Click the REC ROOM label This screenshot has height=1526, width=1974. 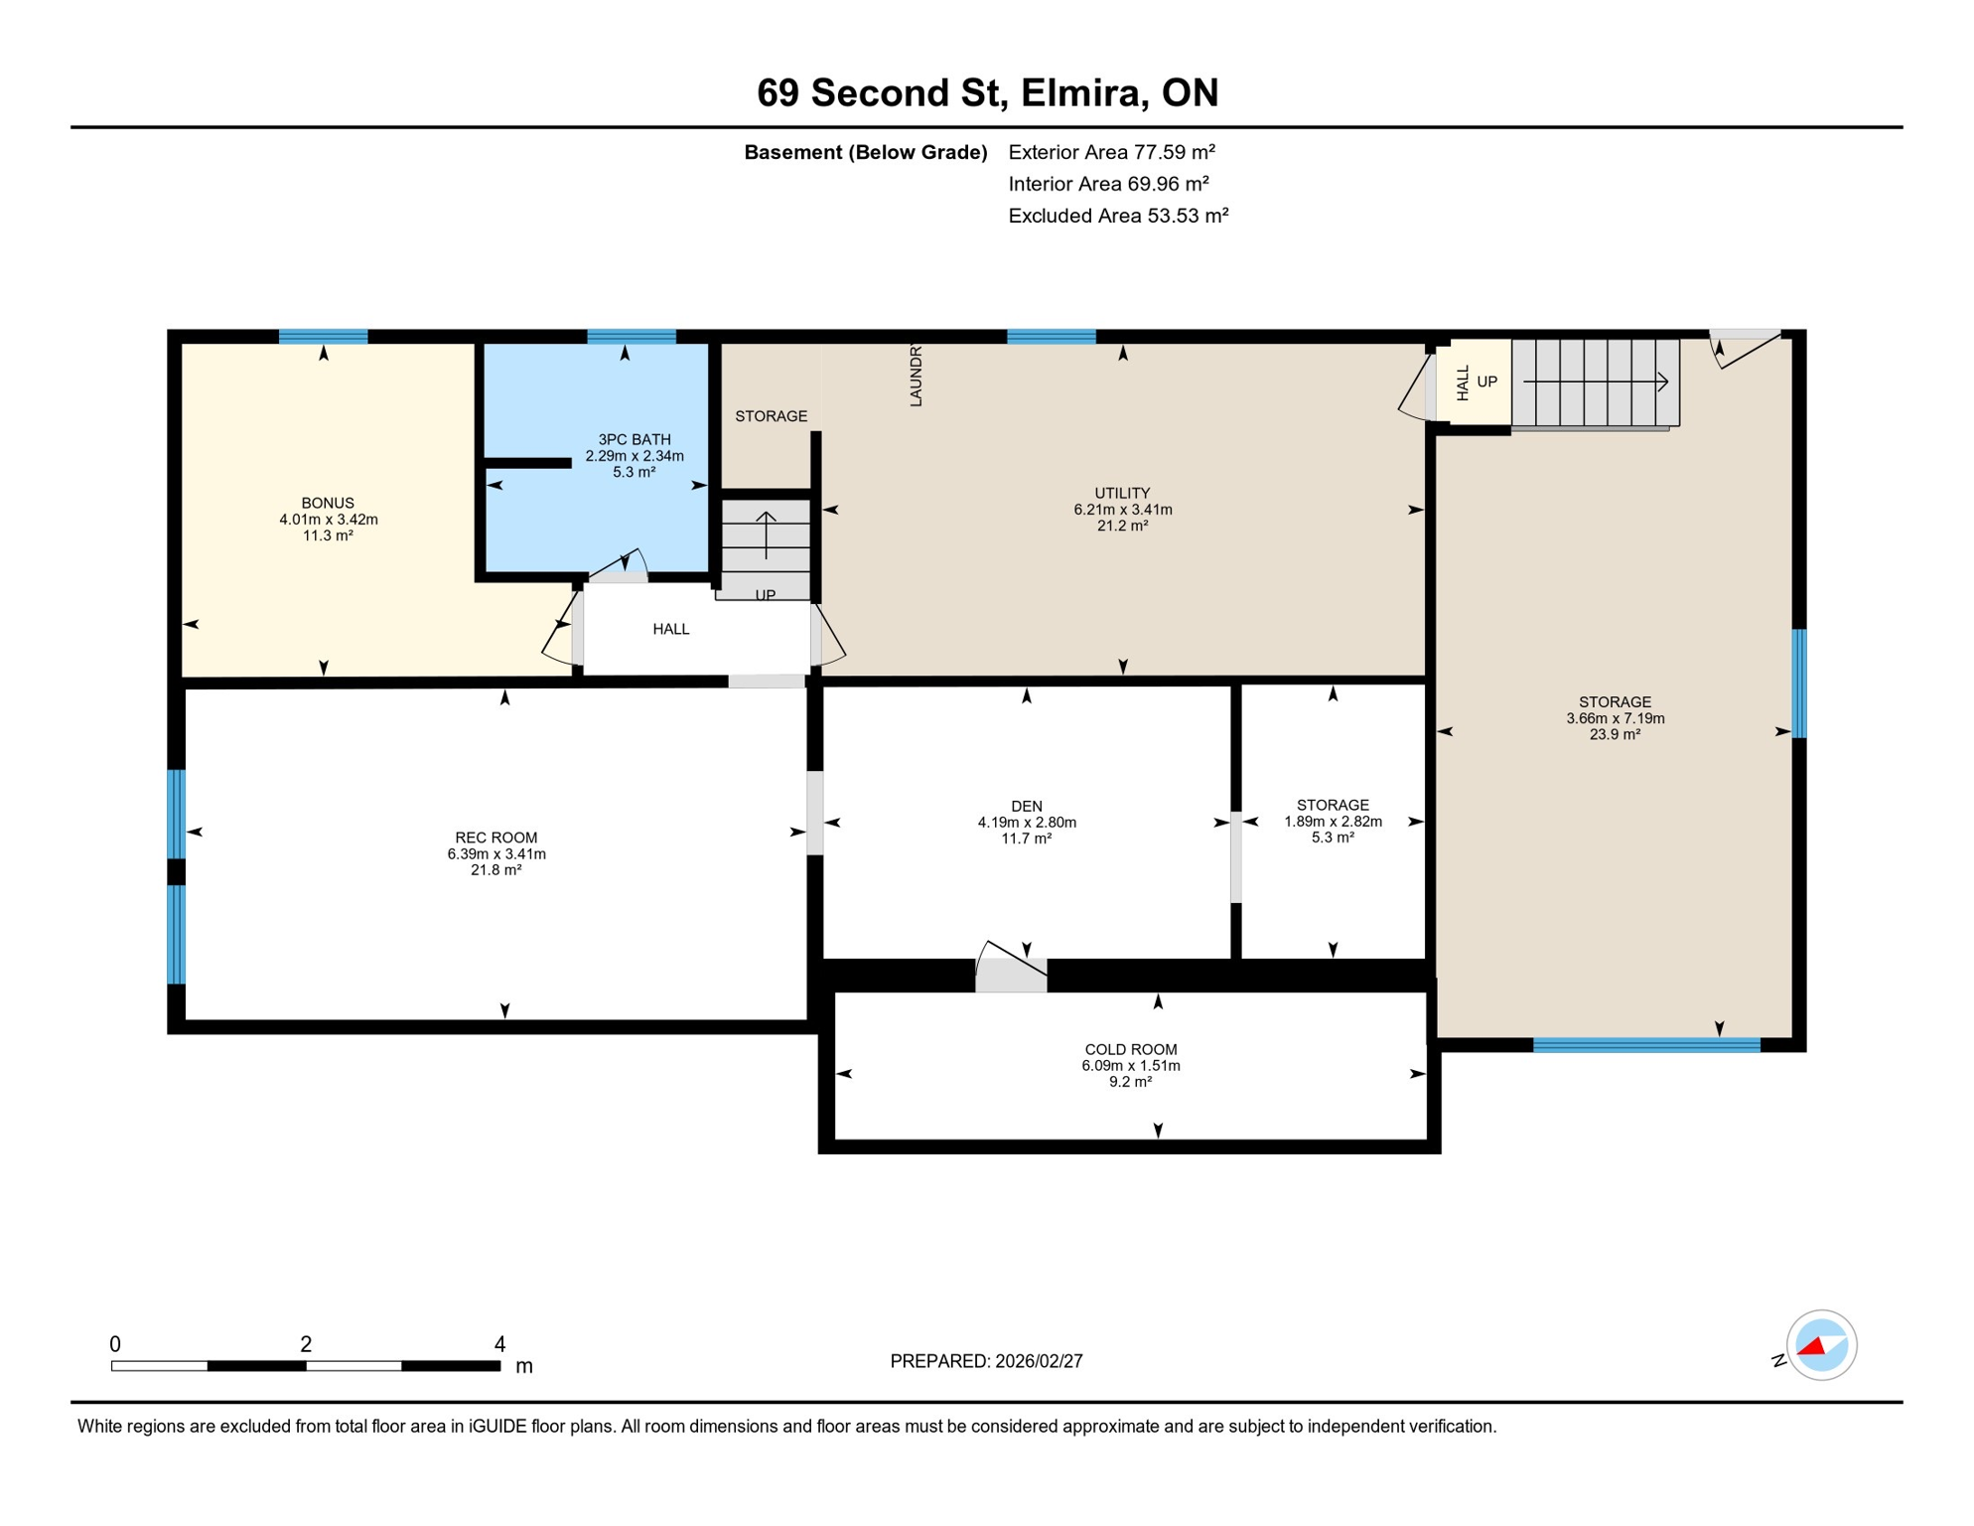coord(495,838)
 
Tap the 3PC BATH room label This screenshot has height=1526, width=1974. coord(634,439)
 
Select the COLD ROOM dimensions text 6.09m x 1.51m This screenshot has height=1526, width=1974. coord(1130,1066)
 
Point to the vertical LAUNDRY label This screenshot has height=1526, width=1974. coord(916,376)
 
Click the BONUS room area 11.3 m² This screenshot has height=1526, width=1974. coord(328,535)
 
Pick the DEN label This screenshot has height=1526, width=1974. coord(1026,806)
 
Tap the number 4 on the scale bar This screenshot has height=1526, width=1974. coord(499,1344)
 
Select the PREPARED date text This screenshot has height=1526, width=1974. coord(985,1361)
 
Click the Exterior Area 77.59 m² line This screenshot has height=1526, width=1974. coord(1111,152)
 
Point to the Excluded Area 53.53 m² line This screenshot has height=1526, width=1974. coord(1118,216)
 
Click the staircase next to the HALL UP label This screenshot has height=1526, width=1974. coord(1595,382)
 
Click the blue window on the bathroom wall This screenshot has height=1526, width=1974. coord(631,337)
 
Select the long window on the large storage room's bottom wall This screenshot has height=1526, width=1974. coord(1645,1044)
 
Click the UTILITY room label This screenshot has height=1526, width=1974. coord(1122,493)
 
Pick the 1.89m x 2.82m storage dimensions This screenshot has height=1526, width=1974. coord(1333,822)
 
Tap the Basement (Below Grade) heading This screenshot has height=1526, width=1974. coord(865,152)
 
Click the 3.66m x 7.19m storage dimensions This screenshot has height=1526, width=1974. coord(1615,718)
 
